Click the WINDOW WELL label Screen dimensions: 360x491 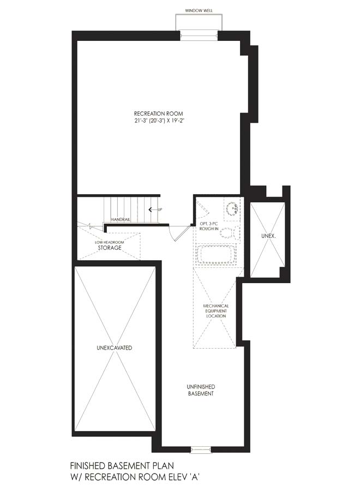click(x=199, y=11)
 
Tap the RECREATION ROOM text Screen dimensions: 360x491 click(x=158, y=113)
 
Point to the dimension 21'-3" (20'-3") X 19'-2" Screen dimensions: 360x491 click(x=158, y=121)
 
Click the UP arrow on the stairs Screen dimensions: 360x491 click(x=152, y=209)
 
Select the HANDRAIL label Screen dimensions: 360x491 click(x=120, y=220)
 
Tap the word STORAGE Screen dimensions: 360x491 click(x=110, y=248)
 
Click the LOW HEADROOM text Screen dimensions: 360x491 click(x=110, y=242)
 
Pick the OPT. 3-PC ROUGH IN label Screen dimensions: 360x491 click(x=209, y=226)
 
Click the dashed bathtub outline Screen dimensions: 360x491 click(x=216, y=255)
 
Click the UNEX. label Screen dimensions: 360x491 click(x=268, y=236)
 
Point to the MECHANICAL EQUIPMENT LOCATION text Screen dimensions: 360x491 click(x=216, y=311)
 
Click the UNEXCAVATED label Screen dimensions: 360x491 click(x=114, y=348)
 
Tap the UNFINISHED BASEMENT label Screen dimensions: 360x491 click(x=201, y=390)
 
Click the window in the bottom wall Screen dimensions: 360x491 click(x=201, y=450)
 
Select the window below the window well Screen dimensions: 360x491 click(x=199, y=35)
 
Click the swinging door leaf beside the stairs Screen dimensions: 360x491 click(x=183, y=232)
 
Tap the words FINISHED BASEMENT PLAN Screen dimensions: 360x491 click(x=122, y=466)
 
